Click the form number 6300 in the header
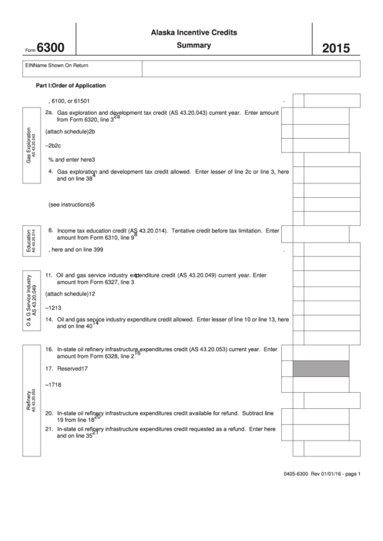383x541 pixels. [x=49, y=48]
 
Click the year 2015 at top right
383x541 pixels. [x=335, y=49]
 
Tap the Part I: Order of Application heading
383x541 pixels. [x=71, y=85]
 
